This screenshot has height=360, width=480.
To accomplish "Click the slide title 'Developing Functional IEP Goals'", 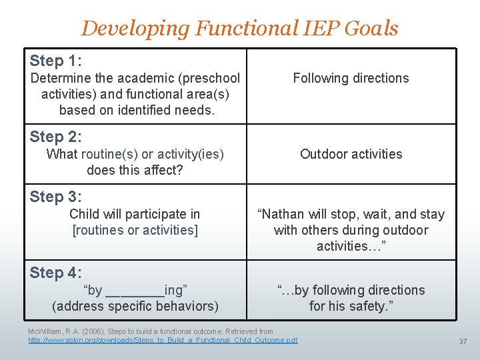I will (x=239, y=28).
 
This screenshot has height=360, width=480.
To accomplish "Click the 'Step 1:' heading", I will (x=56, y=61).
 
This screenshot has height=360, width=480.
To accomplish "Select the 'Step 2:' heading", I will (x=56, y=137).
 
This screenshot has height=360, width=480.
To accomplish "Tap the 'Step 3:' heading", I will (x=56, y=197).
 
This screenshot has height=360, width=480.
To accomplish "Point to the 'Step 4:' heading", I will (x=56, y=273).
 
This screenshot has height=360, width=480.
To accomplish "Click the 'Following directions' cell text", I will (x=351, y=78).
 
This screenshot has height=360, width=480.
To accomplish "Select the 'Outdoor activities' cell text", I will (x=351, y=154).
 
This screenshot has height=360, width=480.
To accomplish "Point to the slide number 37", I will (x=462, y=341).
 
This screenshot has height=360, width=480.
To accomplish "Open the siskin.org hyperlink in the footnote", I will (x=163, y=340).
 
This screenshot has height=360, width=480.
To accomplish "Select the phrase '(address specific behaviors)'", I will (x=135, y=306).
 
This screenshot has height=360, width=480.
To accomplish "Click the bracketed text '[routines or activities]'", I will (x=135, y=230).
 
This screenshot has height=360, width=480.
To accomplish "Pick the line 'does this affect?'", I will (x=135, y=170).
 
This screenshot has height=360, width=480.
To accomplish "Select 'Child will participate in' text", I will (x=135, y=214).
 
